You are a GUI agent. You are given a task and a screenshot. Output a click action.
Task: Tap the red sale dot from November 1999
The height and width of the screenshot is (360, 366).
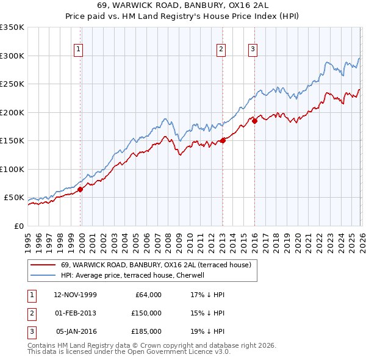(x=80, y=189)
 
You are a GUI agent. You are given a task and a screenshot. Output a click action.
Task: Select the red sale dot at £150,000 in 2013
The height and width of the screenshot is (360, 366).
(x=223, y=140)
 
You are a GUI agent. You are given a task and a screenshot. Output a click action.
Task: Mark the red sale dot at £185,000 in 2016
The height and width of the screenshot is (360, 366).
(x=254, y=121)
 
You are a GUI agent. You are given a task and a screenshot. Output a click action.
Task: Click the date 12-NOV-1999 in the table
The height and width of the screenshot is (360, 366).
(x=75, y=295)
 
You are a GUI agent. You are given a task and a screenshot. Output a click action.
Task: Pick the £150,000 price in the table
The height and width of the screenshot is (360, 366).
(x=147, y=313)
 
